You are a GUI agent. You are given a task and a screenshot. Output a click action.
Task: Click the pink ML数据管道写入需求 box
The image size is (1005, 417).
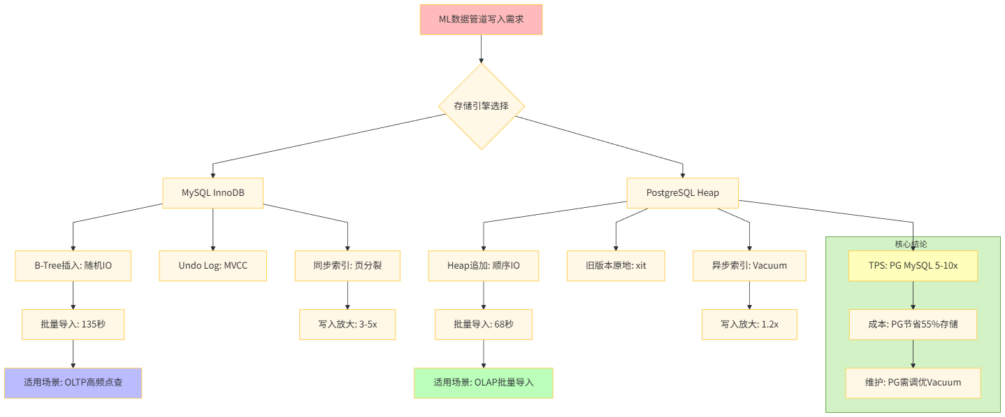tap(481, 20)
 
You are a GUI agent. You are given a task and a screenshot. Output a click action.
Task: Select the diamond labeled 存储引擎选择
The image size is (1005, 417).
tap(481, 106)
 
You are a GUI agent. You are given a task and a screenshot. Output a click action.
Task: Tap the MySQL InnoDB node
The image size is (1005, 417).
tap(213, 192)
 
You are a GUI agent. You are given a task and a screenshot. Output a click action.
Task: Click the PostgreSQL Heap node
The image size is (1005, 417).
tap(682, 192)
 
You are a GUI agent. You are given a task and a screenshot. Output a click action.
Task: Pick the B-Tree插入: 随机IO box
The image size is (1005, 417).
tap(73, 266)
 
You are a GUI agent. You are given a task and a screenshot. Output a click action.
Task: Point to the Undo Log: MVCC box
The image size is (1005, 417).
tap(213, 266)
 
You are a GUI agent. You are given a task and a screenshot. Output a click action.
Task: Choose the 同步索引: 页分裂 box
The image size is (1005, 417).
tap(347, 266)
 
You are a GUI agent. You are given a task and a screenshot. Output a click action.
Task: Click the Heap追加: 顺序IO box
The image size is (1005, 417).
tap(483, 266)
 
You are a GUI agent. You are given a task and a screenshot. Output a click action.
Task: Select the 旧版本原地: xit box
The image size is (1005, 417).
tap(616, 266)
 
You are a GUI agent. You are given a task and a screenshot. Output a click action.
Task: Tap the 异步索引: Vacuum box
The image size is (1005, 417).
tap(749, 266)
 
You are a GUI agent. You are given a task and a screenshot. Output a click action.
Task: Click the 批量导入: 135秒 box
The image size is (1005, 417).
tap(73, 325)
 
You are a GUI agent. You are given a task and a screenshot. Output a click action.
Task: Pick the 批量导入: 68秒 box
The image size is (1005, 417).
tap(483, 325)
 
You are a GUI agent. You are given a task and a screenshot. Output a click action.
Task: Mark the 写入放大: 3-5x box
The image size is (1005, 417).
tap(347, 325)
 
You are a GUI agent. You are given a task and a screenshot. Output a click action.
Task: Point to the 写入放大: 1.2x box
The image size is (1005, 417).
tap(749, 325)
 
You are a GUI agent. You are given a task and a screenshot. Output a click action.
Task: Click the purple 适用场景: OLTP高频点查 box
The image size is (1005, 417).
tap(73, 383)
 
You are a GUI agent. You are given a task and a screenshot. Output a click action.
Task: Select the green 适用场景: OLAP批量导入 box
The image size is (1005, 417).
tap(483, 383)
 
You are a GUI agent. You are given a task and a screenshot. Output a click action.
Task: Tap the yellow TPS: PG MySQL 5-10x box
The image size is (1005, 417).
tap(913, 266)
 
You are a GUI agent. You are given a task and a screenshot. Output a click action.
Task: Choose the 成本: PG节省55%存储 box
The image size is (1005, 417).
tap(913, 325)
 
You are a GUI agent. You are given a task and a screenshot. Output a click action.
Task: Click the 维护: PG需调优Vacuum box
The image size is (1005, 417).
tap(913, 383)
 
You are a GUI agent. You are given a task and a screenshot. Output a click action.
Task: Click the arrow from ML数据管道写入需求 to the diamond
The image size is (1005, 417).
tap(481, 49)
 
